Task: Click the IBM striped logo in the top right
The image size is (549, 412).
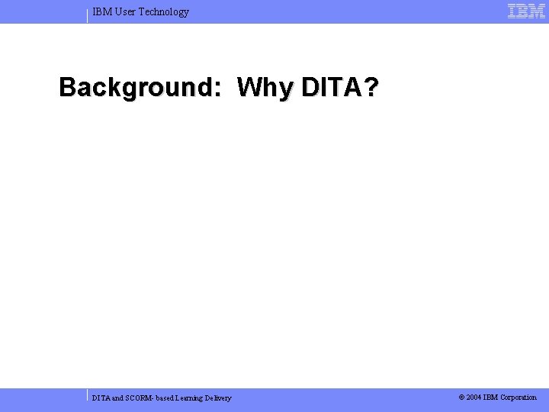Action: click(x=526, y=11)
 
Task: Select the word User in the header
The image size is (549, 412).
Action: click(x=125, y=11)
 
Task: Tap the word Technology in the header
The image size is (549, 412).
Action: click(x=164, y=11)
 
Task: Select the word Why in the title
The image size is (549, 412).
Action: click(x=265, y=88)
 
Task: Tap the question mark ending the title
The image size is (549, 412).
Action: click(x=371, y=88)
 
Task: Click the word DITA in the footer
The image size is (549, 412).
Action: click(x=101, y=398)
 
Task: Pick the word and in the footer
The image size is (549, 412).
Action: click(x=119, y=398)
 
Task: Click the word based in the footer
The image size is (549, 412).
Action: click(x=166, y=398)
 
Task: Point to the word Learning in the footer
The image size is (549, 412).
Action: click(x=191, y=398)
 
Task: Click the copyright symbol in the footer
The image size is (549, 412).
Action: click(x=462, y=397)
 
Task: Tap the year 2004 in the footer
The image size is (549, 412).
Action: click(x=474, y=397)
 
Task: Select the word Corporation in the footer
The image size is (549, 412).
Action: click(x=518, y=397)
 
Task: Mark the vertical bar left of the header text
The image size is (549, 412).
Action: click(x=88, y=15)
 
